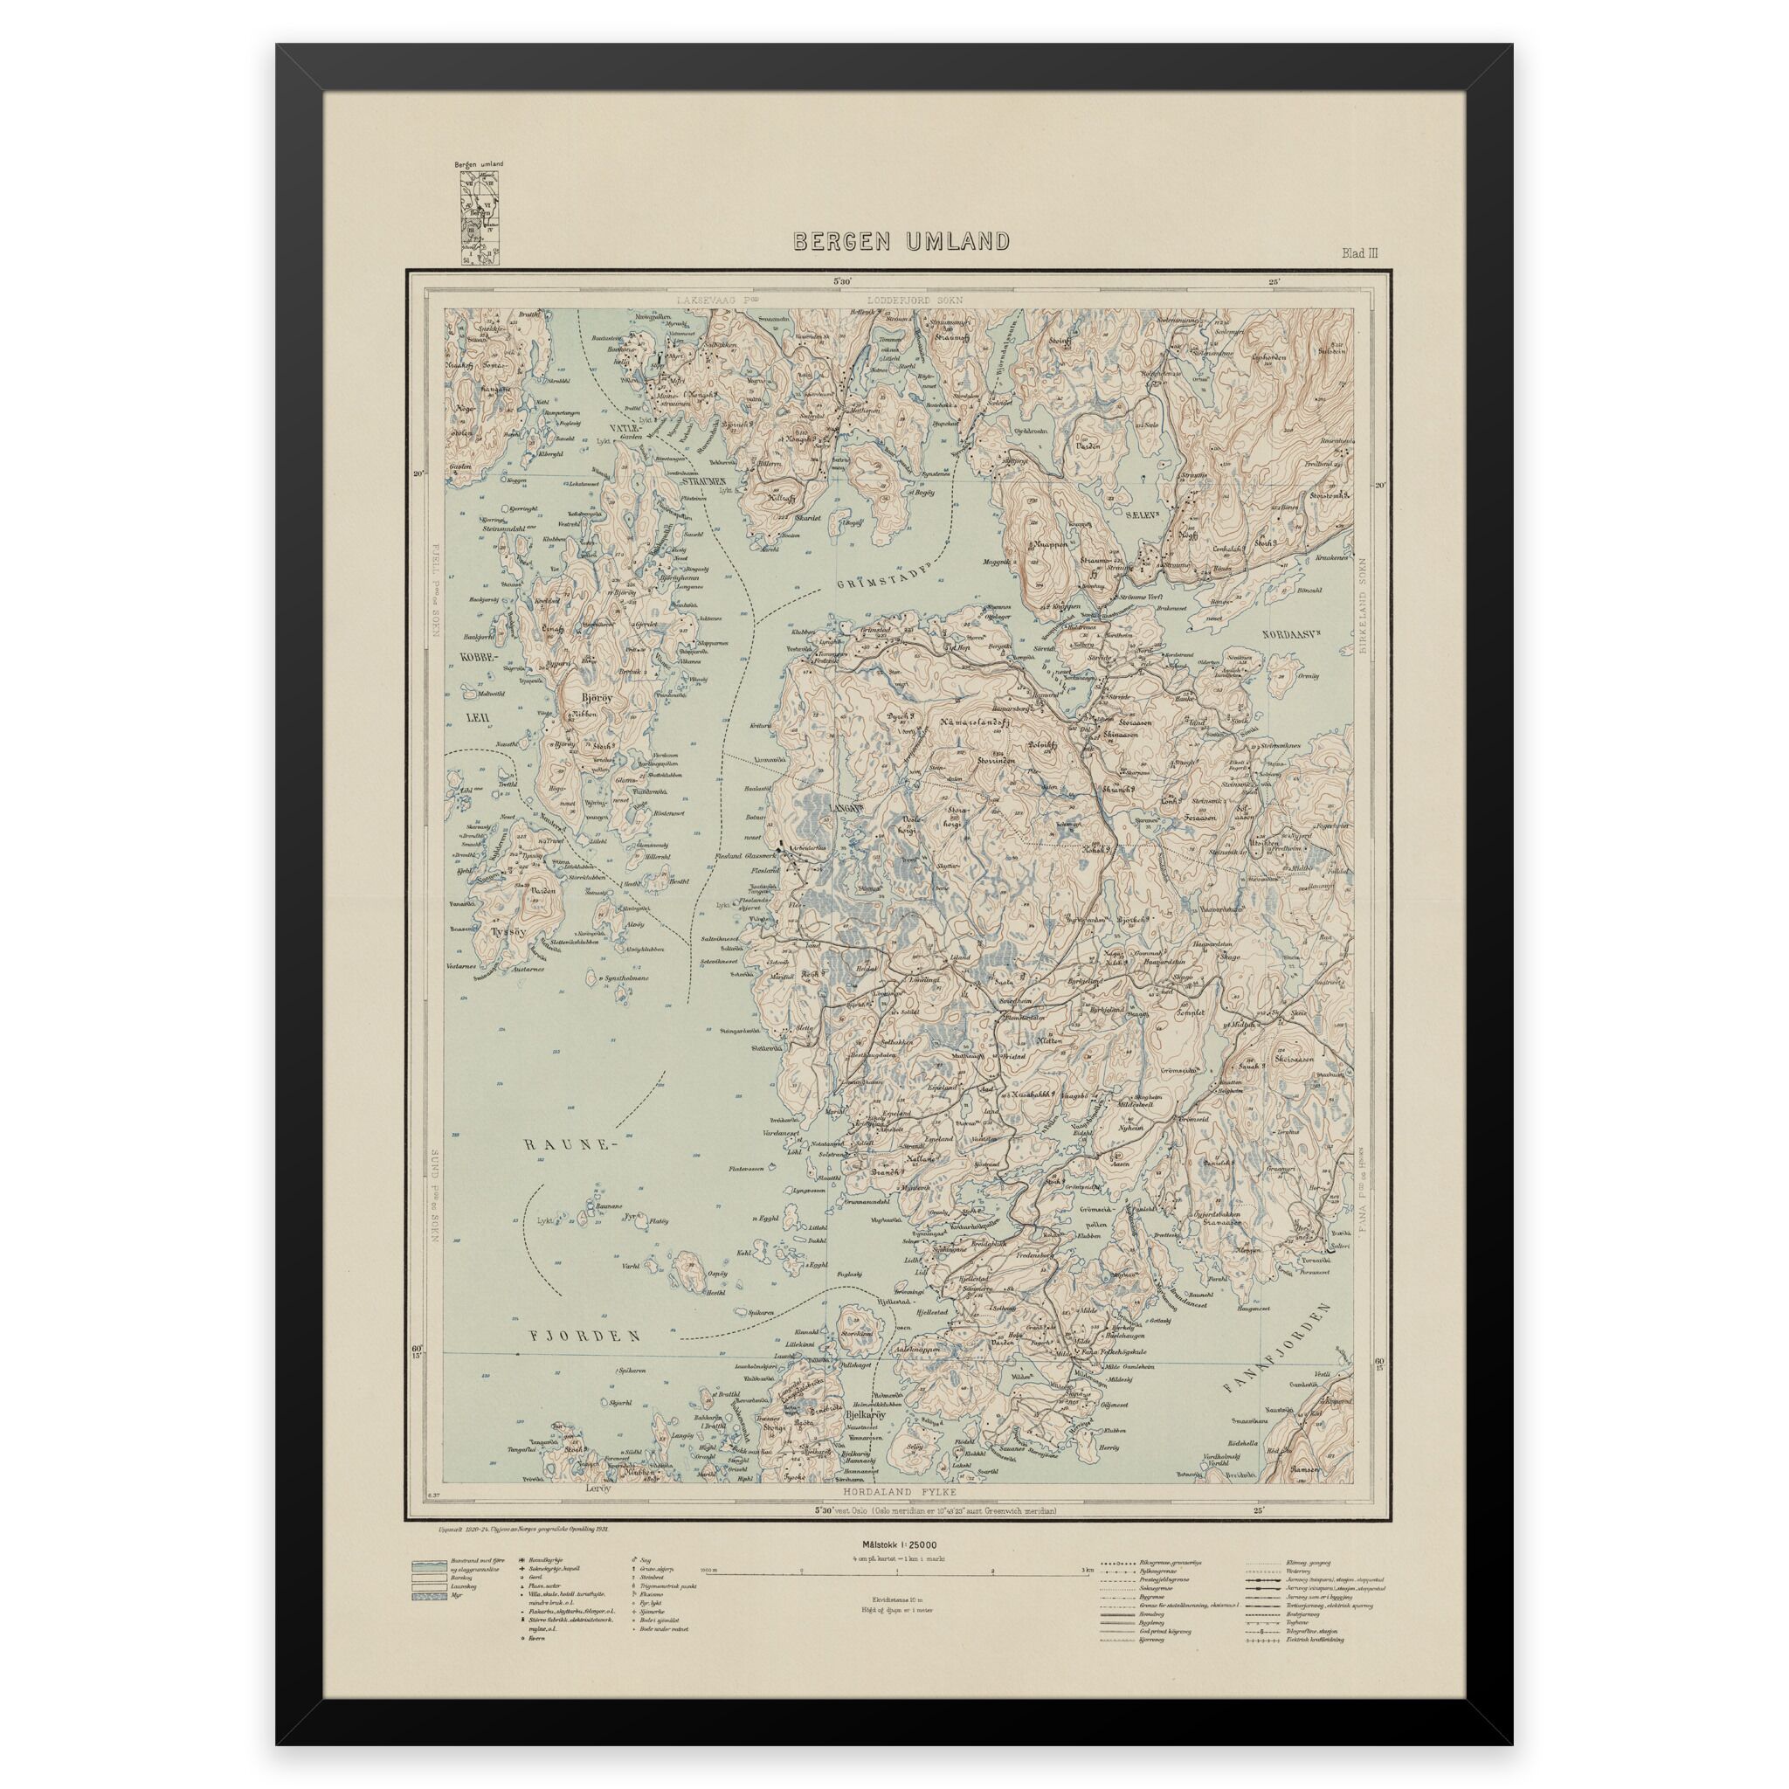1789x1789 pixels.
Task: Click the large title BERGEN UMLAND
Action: pos(900,243)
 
